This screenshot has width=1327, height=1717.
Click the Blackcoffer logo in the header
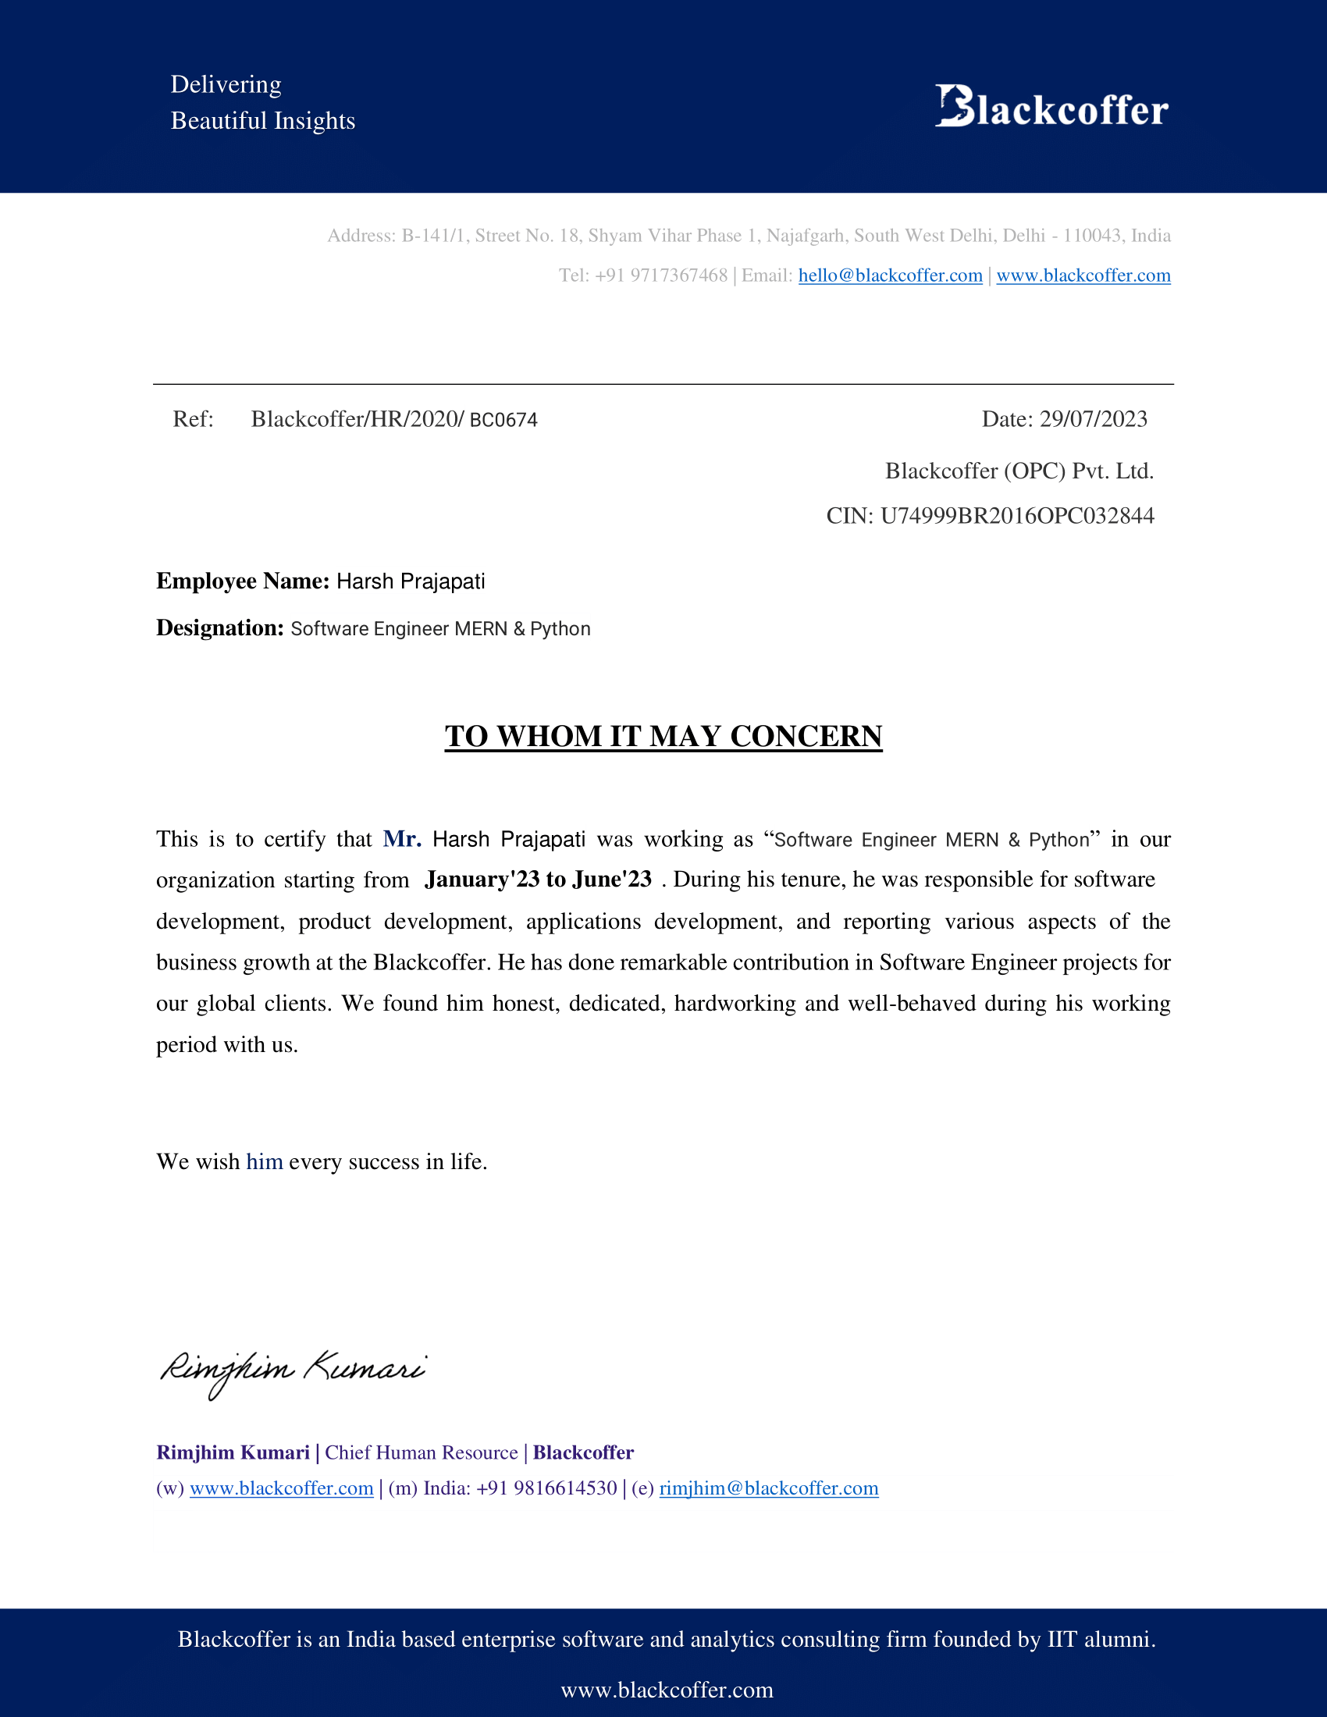point(1051,107)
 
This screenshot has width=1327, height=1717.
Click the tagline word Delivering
point(226,84)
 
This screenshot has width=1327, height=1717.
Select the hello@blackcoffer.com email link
point(890,276)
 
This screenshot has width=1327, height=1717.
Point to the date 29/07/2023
point(1093,419)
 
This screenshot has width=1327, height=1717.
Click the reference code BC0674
point(503,420)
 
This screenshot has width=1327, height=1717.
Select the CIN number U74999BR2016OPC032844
point(1016,516)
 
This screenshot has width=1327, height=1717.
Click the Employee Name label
point(242,581)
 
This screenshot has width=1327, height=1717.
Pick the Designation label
point(219,628)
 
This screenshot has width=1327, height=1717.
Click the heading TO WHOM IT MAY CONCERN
point(663,736)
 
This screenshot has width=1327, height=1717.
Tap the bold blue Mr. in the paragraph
point(402,839)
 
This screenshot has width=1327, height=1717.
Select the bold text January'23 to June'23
point(538,879)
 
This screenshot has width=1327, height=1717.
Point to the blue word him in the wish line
point(264,1161)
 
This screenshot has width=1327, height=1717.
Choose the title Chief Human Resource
point(421,1452)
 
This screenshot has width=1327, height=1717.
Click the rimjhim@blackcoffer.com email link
point(768,1488)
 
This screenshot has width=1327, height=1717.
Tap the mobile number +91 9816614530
point(546,1488)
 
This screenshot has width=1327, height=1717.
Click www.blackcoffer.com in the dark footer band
point(667,1690)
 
